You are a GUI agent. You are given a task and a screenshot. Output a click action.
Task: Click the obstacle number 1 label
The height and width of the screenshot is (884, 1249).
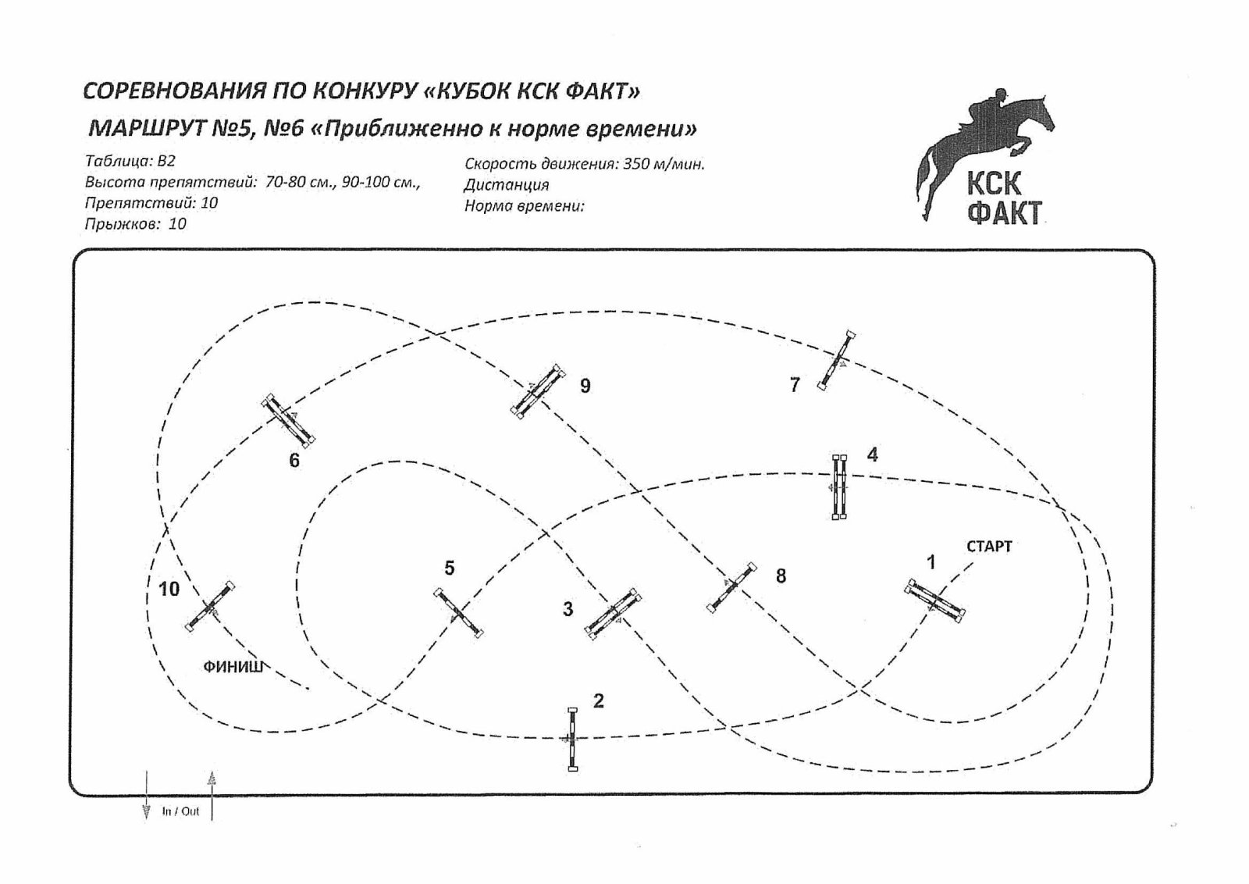930,563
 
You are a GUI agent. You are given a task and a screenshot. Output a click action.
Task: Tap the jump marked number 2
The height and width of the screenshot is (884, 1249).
572,740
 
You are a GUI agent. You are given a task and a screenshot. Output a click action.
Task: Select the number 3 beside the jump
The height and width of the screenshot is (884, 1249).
568,609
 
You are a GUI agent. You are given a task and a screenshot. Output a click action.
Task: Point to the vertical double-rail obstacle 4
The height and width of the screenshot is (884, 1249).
839,487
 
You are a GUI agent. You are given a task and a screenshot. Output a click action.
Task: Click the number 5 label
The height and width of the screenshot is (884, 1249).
450,568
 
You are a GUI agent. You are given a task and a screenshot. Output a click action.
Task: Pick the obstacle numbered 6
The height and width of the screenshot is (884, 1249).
288,420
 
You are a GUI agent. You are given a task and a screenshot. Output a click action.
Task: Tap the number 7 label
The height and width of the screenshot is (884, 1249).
795,384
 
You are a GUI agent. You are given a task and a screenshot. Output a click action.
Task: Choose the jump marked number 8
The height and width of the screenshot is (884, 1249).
731,587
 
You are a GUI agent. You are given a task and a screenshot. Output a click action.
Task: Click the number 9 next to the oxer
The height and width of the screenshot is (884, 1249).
585,386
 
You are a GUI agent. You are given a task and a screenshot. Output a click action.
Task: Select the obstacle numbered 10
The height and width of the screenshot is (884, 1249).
210,607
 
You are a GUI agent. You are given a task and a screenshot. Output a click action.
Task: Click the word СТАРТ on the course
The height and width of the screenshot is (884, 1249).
989,547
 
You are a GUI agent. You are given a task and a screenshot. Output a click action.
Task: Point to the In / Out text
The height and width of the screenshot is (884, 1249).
180,811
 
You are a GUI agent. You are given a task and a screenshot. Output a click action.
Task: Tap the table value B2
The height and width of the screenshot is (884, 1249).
166,161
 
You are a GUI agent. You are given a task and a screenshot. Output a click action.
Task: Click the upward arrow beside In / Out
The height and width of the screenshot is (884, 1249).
212,796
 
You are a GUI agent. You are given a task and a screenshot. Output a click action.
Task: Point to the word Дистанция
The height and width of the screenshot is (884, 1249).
507,184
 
